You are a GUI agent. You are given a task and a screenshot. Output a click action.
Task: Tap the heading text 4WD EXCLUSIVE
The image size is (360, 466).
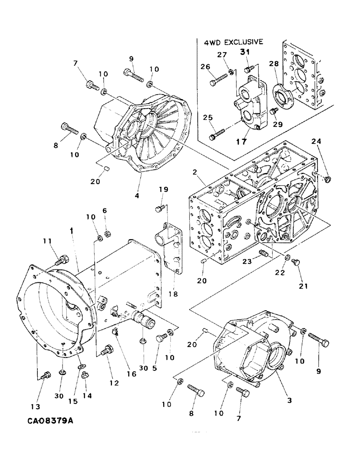coord(234,42)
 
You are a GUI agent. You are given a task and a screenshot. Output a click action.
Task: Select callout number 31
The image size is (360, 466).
coord(245,53)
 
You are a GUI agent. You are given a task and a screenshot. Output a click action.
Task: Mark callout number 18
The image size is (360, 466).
coord(175,295)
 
